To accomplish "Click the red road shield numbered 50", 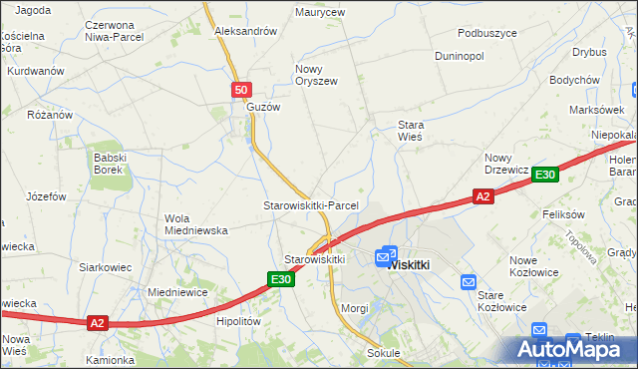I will click(241, 90).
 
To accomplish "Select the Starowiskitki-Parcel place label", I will click(310, 205).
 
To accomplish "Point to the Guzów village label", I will click(264, 107).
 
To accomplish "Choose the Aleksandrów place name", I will click(245, 31).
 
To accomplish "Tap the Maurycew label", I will click(320, 13).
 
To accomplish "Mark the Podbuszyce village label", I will click(482, 32).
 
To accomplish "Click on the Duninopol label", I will click(460, 56).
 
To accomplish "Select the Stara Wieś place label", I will click(411, 131).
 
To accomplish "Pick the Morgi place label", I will click(355, 308).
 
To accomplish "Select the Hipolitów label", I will click(238, 322).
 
